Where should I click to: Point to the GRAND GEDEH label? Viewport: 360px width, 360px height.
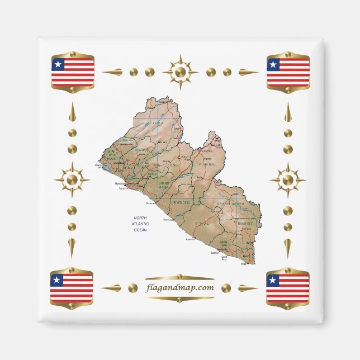[231, 205]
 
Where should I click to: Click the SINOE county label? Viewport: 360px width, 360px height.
[200, 223]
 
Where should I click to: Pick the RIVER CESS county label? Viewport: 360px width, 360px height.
[182, 202]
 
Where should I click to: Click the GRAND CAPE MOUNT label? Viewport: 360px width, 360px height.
[113, 155]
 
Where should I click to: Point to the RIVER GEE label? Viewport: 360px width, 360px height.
[245, 224]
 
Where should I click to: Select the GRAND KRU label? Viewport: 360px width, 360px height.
[224, 244]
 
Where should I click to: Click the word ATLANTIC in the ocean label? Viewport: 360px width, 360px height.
[140, 223]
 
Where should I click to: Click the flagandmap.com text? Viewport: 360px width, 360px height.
[179, 288]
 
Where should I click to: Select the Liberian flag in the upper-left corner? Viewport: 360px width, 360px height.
[73, 72]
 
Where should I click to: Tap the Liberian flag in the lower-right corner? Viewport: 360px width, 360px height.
[287, 287]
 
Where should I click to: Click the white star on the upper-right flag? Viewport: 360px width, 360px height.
[273, 64]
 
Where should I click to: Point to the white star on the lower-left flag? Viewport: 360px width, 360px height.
[56, 280]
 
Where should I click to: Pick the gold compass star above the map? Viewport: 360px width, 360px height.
[180, 72]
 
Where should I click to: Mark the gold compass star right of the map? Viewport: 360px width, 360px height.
[287, 180]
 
